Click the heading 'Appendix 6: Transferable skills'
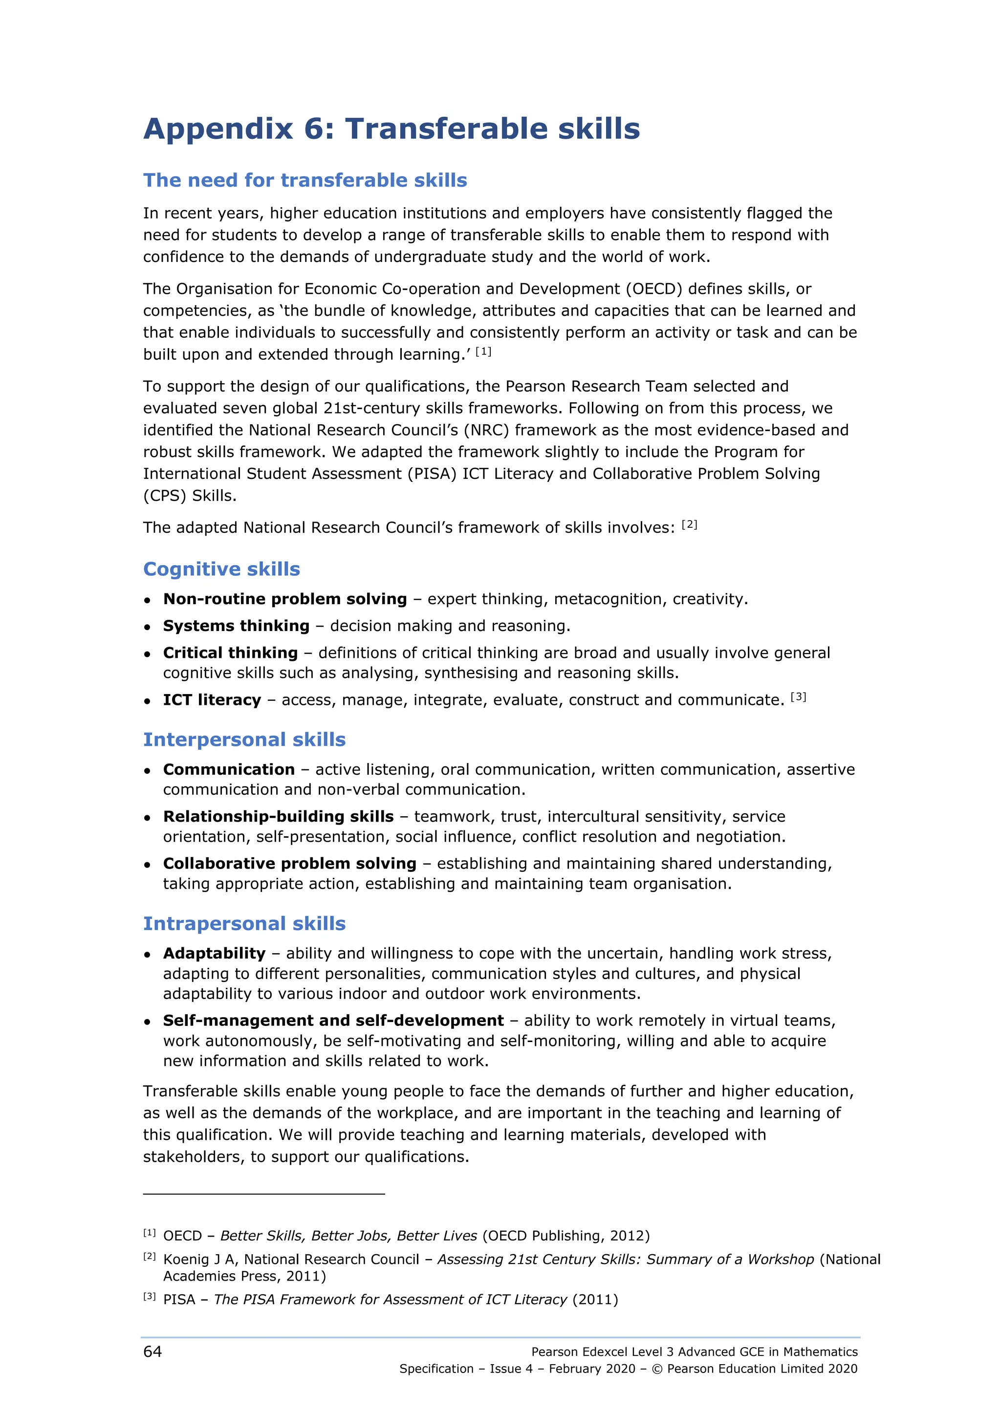[392, 129]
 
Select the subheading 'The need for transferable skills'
[305, 180]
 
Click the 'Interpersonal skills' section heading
[244, 739]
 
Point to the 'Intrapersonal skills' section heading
[244, 923]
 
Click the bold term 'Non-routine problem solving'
[285, 599]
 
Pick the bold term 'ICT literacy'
[212, 699]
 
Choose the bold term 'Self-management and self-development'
[333, 1020]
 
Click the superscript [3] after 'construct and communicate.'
[799, 697]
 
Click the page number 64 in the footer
[152, 1351]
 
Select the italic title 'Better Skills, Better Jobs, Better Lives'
[348, 1235]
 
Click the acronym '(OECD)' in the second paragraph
[654, 289]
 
